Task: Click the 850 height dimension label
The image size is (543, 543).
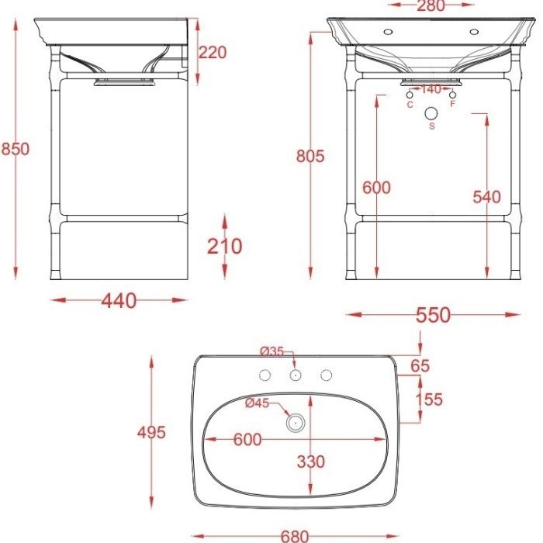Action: point(16,149)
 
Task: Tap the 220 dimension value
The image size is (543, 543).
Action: point(213,53)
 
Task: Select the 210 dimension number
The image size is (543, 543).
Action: point(224,246)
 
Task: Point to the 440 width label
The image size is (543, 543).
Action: point(119,301)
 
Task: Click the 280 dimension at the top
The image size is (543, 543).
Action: point(431,5)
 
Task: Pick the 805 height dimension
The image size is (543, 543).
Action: point(310,156)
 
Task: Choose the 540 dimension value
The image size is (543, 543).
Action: point(487,197)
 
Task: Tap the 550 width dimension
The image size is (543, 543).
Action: point(433,315)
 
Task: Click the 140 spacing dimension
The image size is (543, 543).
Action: point(431,89)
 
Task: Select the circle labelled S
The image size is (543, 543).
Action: point(431,113)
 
